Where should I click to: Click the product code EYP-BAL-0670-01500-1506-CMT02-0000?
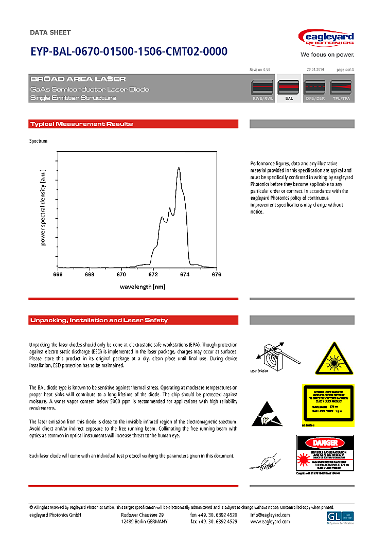click(129, 52)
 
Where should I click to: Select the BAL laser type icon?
click(289, 88)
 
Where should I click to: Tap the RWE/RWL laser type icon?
click(262, 88)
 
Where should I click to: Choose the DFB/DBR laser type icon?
click(315, 88)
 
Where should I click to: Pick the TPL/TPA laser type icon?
click(341, 88)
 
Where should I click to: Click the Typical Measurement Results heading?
click(81, 124)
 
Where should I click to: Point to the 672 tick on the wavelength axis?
click(153, 275)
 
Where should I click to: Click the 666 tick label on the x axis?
click(58, 275)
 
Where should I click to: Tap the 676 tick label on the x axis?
click(217, 275)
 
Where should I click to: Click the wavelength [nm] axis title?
click(143, 286)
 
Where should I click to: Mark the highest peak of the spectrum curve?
click(179, 168)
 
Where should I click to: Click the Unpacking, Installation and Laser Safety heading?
click(99, 320)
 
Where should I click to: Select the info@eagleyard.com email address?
click(270, 515)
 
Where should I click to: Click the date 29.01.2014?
click(315, 69)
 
